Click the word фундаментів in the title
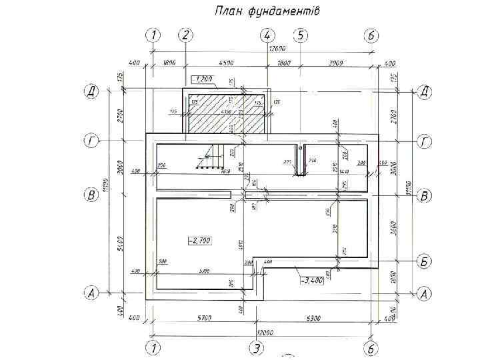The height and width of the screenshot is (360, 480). tap(284, 11)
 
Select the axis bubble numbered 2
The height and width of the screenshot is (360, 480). tap(186, 35)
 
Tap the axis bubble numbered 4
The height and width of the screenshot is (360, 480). tap(267, 35)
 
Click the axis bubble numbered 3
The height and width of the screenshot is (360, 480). tap(255, 347)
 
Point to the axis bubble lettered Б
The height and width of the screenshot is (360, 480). tap(424, 261)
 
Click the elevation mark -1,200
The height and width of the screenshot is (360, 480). tap(202, 80)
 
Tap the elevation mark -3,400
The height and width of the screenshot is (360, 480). tap(312, 281)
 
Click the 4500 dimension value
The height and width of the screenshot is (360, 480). tap(225, 63)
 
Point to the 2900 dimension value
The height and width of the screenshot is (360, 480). tap(335, 63)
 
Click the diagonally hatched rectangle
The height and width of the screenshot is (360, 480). tap(226, 113)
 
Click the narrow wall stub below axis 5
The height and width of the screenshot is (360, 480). tap(301, 160)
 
